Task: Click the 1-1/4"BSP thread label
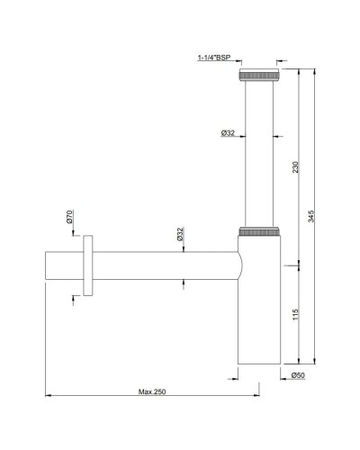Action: pyautogui.click(x=214, y=58)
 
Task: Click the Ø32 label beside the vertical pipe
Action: pyautogui.click(x=228, y=133)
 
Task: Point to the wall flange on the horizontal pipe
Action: pyautogui.click(x=86, y=265)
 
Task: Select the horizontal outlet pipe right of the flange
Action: pyautogui.click(x=162, y=265)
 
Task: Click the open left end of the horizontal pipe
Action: pyautogui.click(x=45, y=265)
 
